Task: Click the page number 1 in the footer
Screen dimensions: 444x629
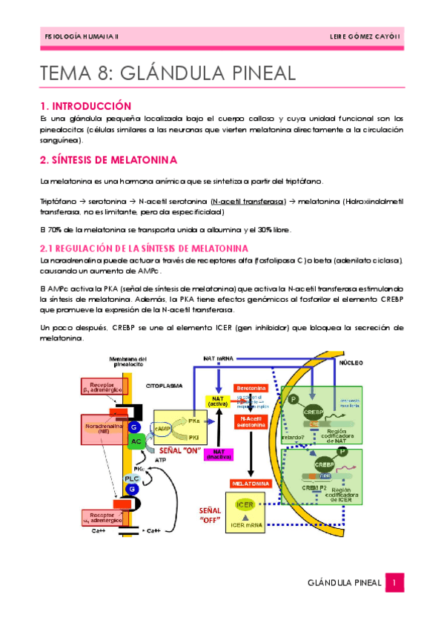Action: point(396,583)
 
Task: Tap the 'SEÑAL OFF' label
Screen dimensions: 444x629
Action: point(210,516)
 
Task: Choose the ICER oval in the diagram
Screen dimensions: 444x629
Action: point(245,504)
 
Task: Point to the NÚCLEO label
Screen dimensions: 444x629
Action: point(351,365)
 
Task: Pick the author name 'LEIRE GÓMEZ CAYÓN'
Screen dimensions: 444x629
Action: point(365,36)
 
